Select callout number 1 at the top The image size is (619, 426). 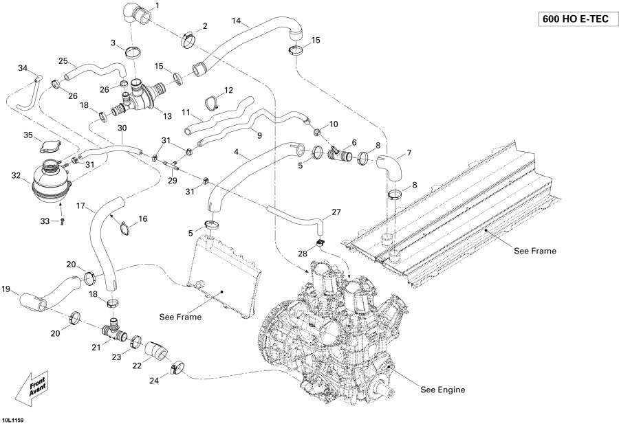point(156,6)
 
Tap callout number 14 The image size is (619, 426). point(236,21)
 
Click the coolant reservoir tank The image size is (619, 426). point(50,181)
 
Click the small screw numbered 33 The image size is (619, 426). point(62,221)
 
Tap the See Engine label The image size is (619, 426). point(442,390)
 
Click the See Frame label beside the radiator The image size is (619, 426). point(180,317)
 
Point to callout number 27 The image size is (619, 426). point(336,212)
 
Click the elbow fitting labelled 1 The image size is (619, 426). point(134,14)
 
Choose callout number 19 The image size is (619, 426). point(6,289)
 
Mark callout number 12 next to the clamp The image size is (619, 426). point(229,90)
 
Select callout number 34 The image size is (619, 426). point(23,68)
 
